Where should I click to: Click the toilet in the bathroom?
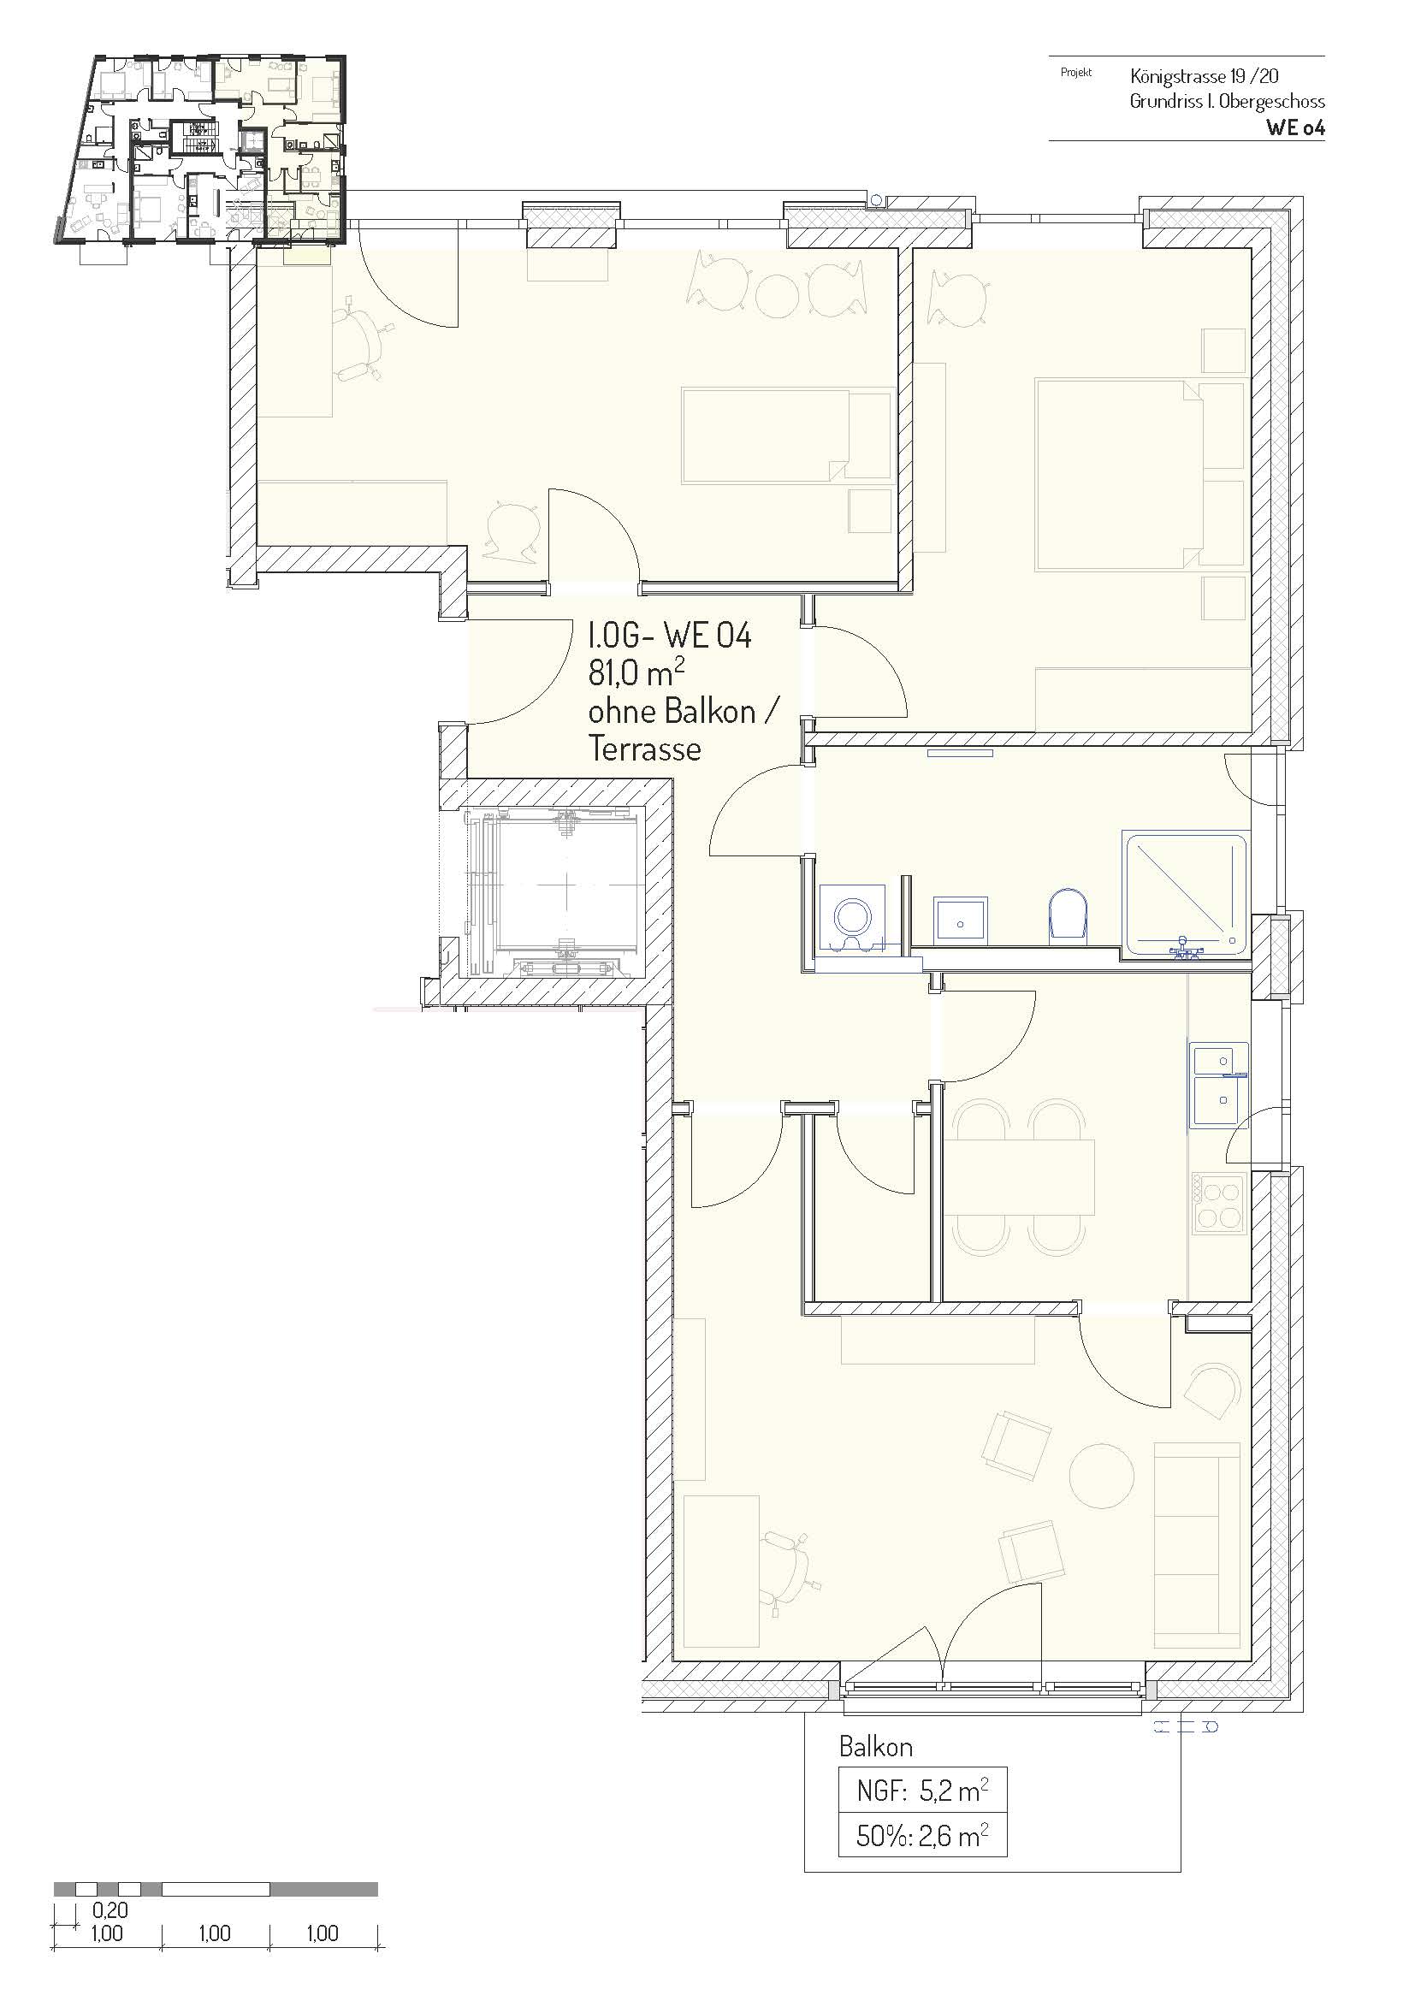(1069, 915)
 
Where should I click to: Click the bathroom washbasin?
(960, 920)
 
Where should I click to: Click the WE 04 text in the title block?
(1295, 127)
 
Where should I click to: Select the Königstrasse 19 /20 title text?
(1205, 76)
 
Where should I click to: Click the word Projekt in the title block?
(1076, 73)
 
